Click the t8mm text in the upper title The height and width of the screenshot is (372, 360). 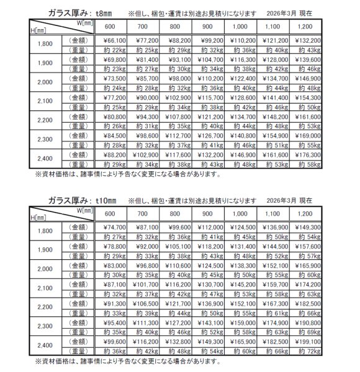(x=97, y=12)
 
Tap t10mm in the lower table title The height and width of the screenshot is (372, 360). (x=99, y=200)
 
